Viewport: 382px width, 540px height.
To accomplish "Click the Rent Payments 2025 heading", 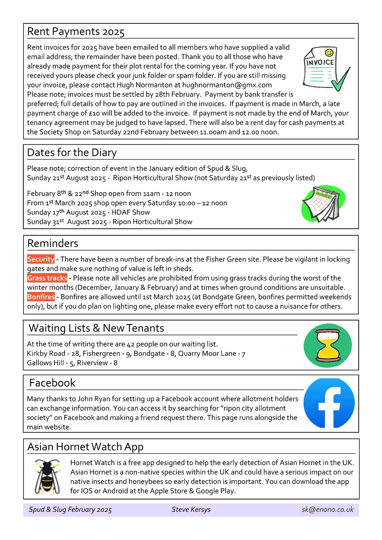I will click(76, 32).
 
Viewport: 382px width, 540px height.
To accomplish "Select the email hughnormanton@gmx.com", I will click(234, 85).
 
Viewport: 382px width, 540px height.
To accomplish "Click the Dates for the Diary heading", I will click(72, 153).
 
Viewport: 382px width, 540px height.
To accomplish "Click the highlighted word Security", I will click(40, 259).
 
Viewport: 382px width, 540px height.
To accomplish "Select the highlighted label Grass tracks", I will click(47, 278).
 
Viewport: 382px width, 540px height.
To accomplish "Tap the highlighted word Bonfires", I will click(41, 297).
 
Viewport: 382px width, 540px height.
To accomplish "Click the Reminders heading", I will click(53, 243).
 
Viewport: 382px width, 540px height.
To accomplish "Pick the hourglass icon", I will click(327, 346).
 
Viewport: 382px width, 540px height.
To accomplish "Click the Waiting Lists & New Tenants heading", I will click(96, 328).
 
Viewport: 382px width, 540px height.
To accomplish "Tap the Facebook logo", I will click(329, 403).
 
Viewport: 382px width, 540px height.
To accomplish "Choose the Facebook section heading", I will click(52, 383).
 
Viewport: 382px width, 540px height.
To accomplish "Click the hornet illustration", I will click(48, 476).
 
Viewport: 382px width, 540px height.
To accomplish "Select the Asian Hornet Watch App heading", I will click(85, 447).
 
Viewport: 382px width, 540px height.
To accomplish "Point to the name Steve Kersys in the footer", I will click(191, 510).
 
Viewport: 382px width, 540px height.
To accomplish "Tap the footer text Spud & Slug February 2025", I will click(70, 510).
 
